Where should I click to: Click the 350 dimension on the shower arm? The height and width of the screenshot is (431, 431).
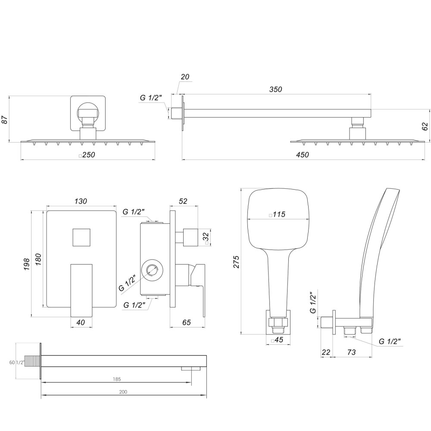(275, 90)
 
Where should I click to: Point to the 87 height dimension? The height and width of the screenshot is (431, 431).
(5, 119)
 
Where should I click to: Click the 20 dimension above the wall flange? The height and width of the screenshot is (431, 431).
(185, 77)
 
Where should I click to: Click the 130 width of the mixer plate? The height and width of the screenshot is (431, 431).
(81, 201)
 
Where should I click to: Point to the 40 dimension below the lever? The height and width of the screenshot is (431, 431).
(81, 322)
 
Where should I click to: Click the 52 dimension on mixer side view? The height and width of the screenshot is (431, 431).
(183, 201)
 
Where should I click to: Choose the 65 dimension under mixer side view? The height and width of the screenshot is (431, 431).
(186, 322)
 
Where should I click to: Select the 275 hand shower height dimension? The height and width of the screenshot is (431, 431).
(236, 261)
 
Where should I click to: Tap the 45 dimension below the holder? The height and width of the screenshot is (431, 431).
(278, 340)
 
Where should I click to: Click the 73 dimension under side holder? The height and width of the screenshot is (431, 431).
(351, 352)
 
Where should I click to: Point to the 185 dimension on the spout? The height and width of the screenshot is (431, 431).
(117, 379)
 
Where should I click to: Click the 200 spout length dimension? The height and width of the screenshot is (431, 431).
(123, 392)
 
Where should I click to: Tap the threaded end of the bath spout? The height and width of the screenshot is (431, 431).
(32, 361)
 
